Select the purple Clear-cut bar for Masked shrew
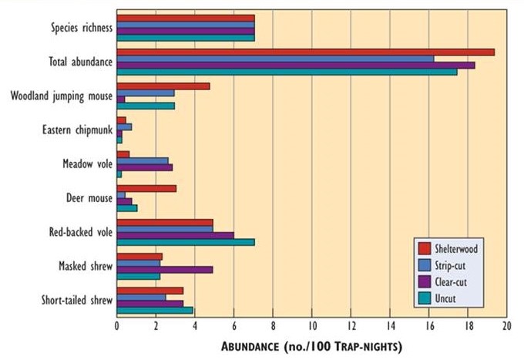pyautogui.click(x=164, y=269)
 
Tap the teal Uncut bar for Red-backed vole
pyautogui.click(x=185, y=242)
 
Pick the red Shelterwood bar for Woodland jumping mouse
pyautogui.click(x=163, y=86)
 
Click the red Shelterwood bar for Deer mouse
pyautogui.click(x=146, y=187)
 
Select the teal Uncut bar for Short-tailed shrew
pyautogui.click(x=154, y=311)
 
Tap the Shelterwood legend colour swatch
pyautogui.click(x=424, y=248)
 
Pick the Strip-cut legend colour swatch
pyautogui.click(x=424, y=265)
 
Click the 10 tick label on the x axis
pyautogui.click(x=311, y=327)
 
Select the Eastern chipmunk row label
pyautogui.click(x=76, y=130)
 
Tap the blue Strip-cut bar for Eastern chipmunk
pyautogui.click(x=124, y=126)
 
